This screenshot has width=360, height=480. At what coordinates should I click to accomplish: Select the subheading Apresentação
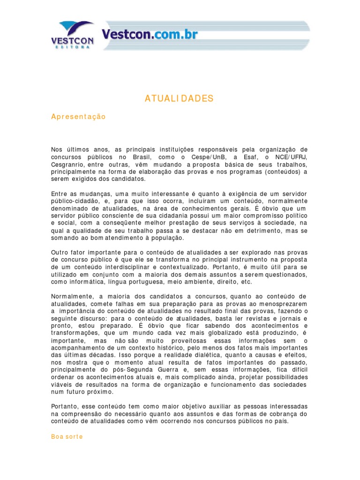click(x=78, y=117)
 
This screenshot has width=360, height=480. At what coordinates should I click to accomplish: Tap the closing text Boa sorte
click(x=67, y=436)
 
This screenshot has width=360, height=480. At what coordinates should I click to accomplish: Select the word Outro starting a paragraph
click(x=60, y=252)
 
